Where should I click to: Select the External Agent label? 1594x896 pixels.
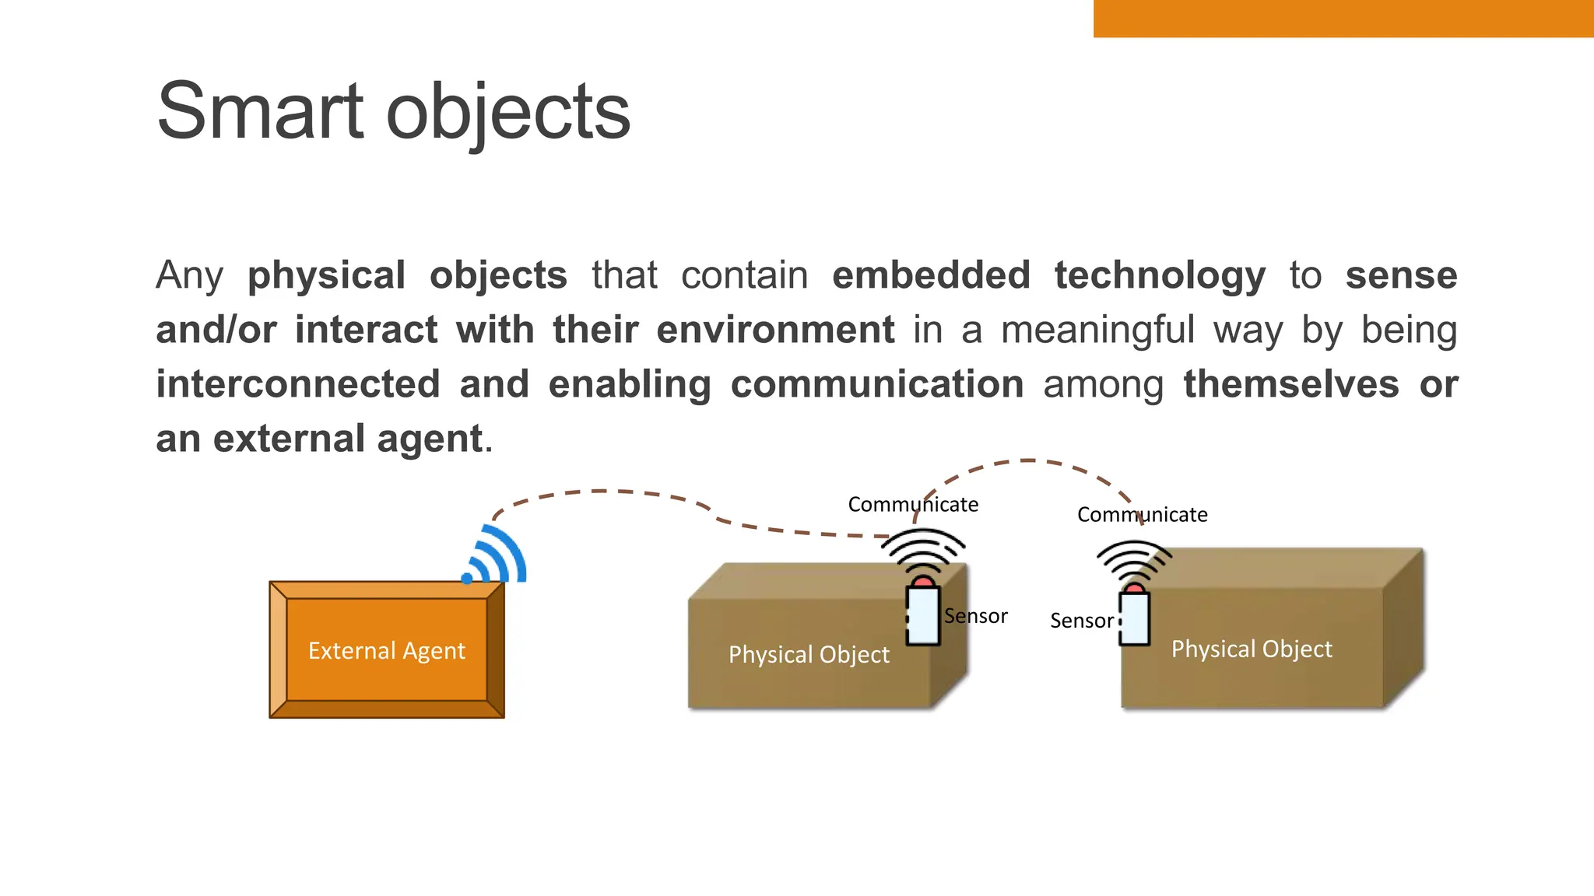(387, 650)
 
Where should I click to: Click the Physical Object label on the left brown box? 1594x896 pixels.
(809, 655)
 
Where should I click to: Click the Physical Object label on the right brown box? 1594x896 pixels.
(1252, 649)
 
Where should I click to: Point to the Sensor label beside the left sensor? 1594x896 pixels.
(975, 616)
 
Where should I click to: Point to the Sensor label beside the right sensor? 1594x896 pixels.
(1081, 621)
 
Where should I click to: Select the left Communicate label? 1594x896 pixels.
(913, 505)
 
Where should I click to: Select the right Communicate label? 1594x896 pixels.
(1142, 515)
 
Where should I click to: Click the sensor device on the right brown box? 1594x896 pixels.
(1134, 616)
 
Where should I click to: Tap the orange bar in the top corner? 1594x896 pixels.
(1343, 18)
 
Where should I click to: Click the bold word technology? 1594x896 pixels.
(1160, 275)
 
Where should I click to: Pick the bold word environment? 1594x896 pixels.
(775, 330)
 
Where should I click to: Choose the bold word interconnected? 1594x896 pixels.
(298, 384)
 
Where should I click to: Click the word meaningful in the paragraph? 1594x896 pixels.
(1097, 330)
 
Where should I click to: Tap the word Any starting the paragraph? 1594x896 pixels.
(189, 275)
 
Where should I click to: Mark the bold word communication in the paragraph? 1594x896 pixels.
(877, 384)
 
